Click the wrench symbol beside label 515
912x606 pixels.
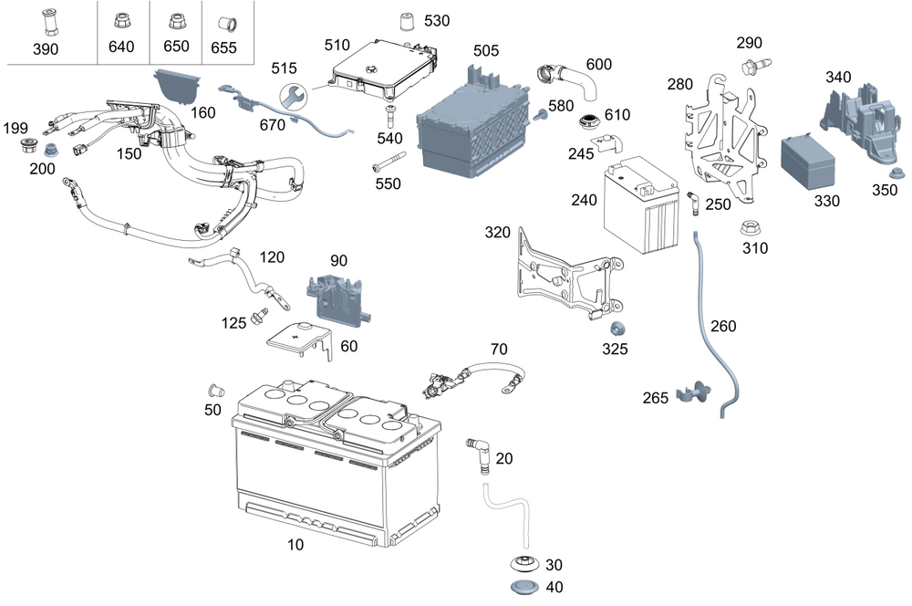293,96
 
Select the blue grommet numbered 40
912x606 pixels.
525,588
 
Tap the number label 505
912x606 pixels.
486,50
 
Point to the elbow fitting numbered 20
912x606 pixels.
479,454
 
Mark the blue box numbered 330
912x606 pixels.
807,162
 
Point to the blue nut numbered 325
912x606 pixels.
617,329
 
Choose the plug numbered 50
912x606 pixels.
216,390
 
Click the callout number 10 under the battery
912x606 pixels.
295,544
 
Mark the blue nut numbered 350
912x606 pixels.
896,173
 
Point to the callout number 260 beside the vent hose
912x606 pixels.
723,326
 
